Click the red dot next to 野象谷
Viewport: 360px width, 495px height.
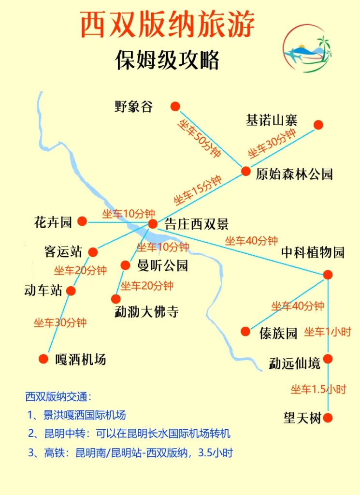point(175,106)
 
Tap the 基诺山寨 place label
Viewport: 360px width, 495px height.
point(272,120)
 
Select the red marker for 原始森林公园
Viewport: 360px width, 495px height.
point(246,171)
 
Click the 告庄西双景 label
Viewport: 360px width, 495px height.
point(196,224)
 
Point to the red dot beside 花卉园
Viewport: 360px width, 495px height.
point(82,221)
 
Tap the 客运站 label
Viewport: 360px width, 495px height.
point(63,252)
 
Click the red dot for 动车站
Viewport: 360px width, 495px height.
point(71,291)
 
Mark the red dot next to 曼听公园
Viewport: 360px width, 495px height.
point(126,265)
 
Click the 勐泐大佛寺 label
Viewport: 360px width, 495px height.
point(146,312)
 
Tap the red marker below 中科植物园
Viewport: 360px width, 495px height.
point(328,275)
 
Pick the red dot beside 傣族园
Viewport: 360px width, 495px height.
point(245,332)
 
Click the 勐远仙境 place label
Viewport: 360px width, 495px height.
point(294,363)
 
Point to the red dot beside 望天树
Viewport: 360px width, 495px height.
point(328,418)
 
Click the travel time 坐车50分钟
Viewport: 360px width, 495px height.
point(200,138)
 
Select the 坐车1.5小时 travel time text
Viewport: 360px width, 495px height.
point(318,390)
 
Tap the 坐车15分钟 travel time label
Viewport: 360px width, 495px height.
point(198,190)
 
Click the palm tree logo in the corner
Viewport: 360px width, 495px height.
point(308,48)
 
